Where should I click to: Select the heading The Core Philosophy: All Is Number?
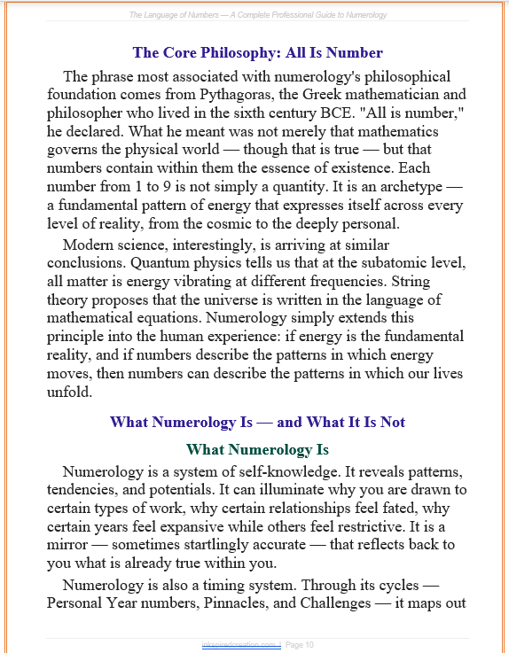258,53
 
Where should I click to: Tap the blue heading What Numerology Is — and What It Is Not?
258,422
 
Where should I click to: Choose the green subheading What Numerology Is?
258,449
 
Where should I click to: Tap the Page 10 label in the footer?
299,644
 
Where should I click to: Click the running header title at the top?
258,15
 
